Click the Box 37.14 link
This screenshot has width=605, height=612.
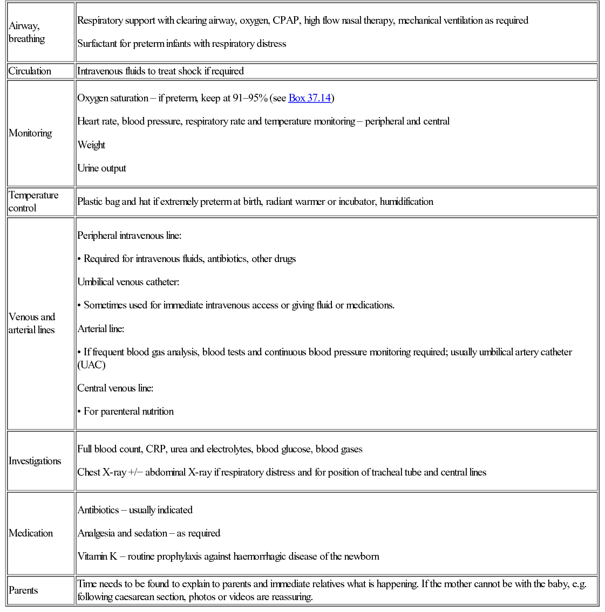[309, 98]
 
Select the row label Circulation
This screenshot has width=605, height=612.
[30, 71]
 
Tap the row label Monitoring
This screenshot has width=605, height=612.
[31, 133]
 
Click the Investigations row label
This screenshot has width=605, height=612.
[35, 461]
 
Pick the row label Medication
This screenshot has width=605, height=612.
[31, 533]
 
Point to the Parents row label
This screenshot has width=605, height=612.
[23, 590]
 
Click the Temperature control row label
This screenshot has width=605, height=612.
[33, 202]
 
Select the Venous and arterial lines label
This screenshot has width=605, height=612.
[32, 324]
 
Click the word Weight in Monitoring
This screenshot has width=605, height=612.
[91, 145]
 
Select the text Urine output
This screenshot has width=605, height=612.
[101, 168]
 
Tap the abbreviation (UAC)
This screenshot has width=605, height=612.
[91, 365]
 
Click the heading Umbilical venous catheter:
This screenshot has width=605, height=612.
[128, 282]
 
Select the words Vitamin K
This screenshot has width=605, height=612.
[97, 556]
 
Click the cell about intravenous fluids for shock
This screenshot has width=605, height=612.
[160, 71]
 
